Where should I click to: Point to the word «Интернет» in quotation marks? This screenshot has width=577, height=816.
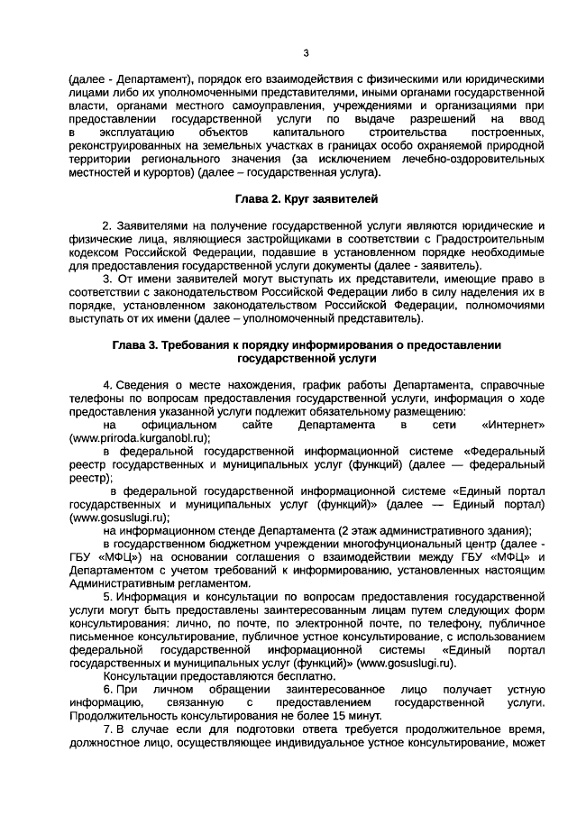point(513,424)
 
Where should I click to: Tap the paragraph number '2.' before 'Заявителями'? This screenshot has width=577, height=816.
point(108,225)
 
